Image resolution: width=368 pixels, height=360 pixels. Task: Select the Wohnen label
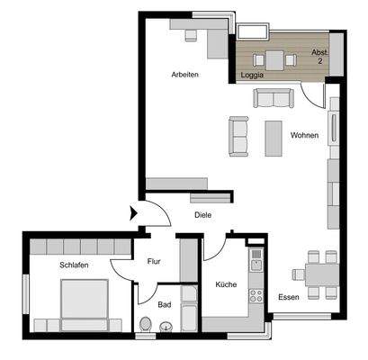[x=304, y=136]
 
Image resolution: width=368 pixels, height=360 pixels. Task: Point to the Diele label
[x=203, y=216]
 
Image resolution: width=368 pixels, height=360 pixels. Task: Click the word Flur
[x=154, y=262]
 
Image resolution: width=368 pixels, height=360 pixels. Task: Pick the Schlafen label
[x=75, y=265]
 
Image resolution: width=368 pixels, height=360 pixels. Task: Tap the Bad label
[x=164, y=304]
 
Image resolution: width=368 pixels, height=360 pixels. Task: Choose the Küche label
[x=225, y=285]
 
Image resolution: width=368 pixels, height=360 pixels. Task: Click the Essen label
[x=288, y=298]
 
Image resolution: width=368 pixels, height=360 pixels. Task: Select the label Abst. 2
[x=319, y=58]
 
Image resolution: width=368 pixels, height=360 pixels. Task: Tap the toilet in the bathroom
[x=146, y=325]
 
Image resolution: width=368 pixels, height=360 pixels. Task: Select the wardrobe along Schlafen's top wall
[x=75, y=247]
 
